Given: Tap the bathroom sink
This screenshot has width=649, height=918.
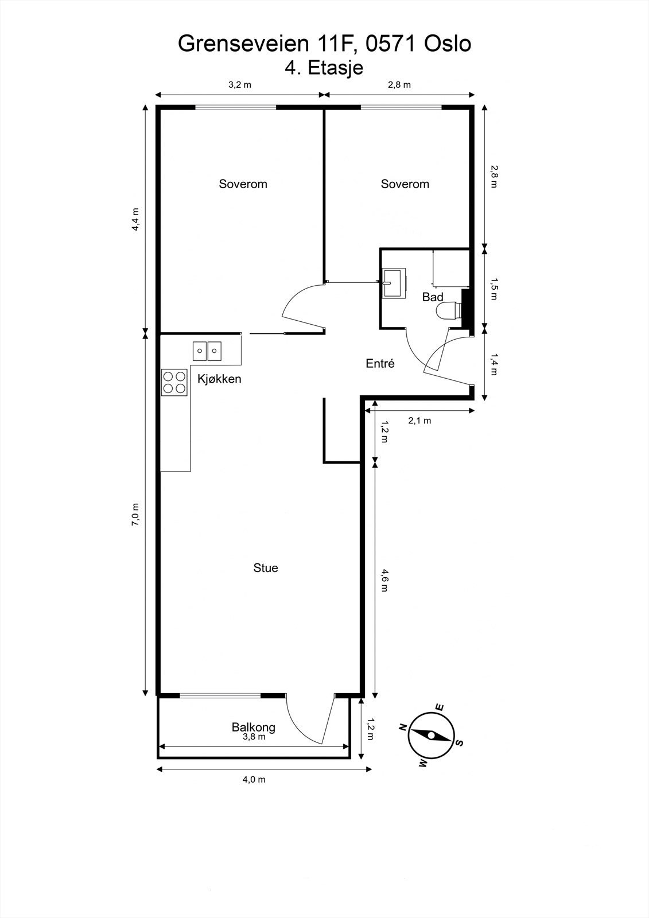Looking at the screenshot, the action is pos(394,283).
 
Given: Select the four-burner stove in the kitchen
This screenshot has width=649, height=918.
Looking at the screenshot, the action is pos(174,382).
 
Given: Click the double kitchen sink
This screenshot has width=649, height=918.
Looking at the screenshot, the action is pos(207,351).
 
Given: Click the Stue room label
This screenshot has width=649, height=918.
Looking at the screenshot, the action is pos(266,567).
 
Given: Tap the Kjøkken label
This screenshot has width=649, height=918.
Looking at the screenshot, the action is pos(219,379).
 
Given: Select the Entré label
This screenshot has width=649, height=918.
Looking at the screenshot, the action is pos(380,363).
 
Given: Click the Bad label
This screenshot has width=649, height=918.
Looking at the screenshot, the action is pos(433,297).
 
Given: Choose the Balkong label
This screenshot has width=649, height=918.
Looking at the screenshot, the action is pos(254,728).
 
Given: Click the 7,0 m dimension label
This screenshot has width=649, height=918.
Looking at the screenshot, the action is pos(135,514).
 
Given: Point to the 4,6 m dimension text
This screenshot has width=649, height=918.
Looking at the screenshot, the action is pos(384,580).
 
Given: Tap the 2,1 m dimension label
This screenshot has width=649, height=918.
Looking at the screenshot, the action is pos(419,420).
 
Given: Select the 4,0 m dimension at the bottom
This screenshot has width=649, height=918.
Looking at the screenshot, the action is pos(254,779).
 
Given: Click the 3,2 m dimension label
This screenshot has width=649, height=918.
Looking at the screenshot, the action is pos(239,85).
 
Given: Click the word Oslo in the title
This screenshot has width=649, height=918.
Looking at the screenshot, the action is pos(447,44).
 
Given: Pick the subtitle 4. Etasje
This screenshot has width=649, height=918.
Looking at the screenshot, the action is pos(324,68).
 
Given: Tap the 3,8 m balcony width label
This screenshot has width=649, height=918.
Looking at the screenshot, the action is pos(254,737).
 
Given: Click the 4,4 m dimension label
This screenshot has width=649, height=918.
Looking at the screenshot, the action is pos(135,219).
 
